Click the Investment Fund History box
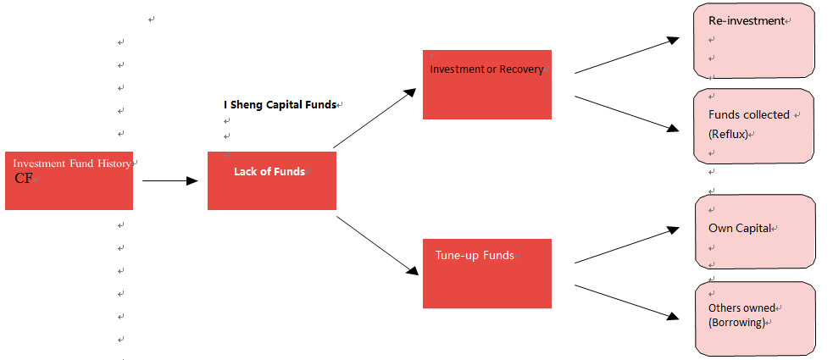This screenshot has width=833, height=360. pos(69,180)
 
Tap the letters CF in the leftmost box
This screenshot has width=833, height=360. pos(24,179)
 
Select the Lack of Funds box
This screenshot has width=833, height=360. pos(272,180)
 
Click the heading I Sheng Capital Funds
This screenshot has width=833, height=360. pos(280,104)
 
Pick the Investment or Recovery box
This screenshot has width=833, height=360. pos(487,85)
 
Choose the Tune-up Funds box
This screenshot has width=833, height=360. pos(487,274)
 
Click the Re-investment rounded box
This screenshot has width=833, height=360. pos(754,41)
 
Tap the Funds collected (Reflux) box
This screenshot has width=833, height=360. pos(754,126)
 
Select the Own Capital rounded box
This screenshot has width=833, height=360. pos(755,231)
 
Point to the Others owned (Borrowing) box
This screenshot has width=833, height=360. pos(755,318)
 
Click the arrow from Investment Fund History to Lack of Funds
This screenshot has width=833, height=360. pos(170,181)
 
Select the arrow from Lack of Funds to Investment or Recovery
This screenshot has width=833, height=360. pos(374,118)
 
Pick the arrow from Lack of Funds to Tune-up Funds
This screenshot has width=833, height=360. pos(378,246)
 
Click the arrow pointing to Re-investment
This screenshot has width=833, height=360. pos(627,55)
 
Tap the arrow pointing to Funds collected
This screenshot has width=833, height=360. pos(627,114)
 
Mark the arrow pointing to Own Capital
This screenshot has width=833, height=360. pos(627,246)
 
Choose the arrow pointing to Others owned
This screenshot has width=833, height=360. pos(627,302)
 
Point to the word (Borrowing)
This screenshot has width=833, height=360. pos(736,322)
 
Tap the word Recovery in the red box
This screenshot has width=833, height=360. pos(521,69)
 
